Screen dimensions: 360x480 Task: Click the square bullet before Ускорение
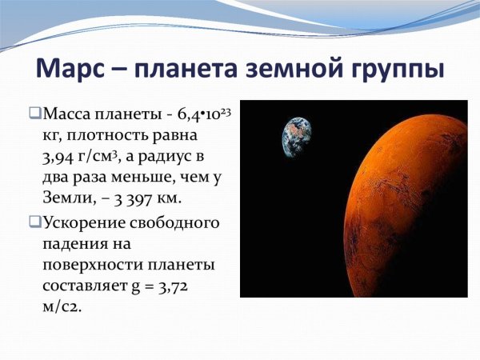click(x=34, y=222)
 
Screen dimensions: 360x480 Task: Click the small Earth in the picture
click(x=296, y=137)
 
